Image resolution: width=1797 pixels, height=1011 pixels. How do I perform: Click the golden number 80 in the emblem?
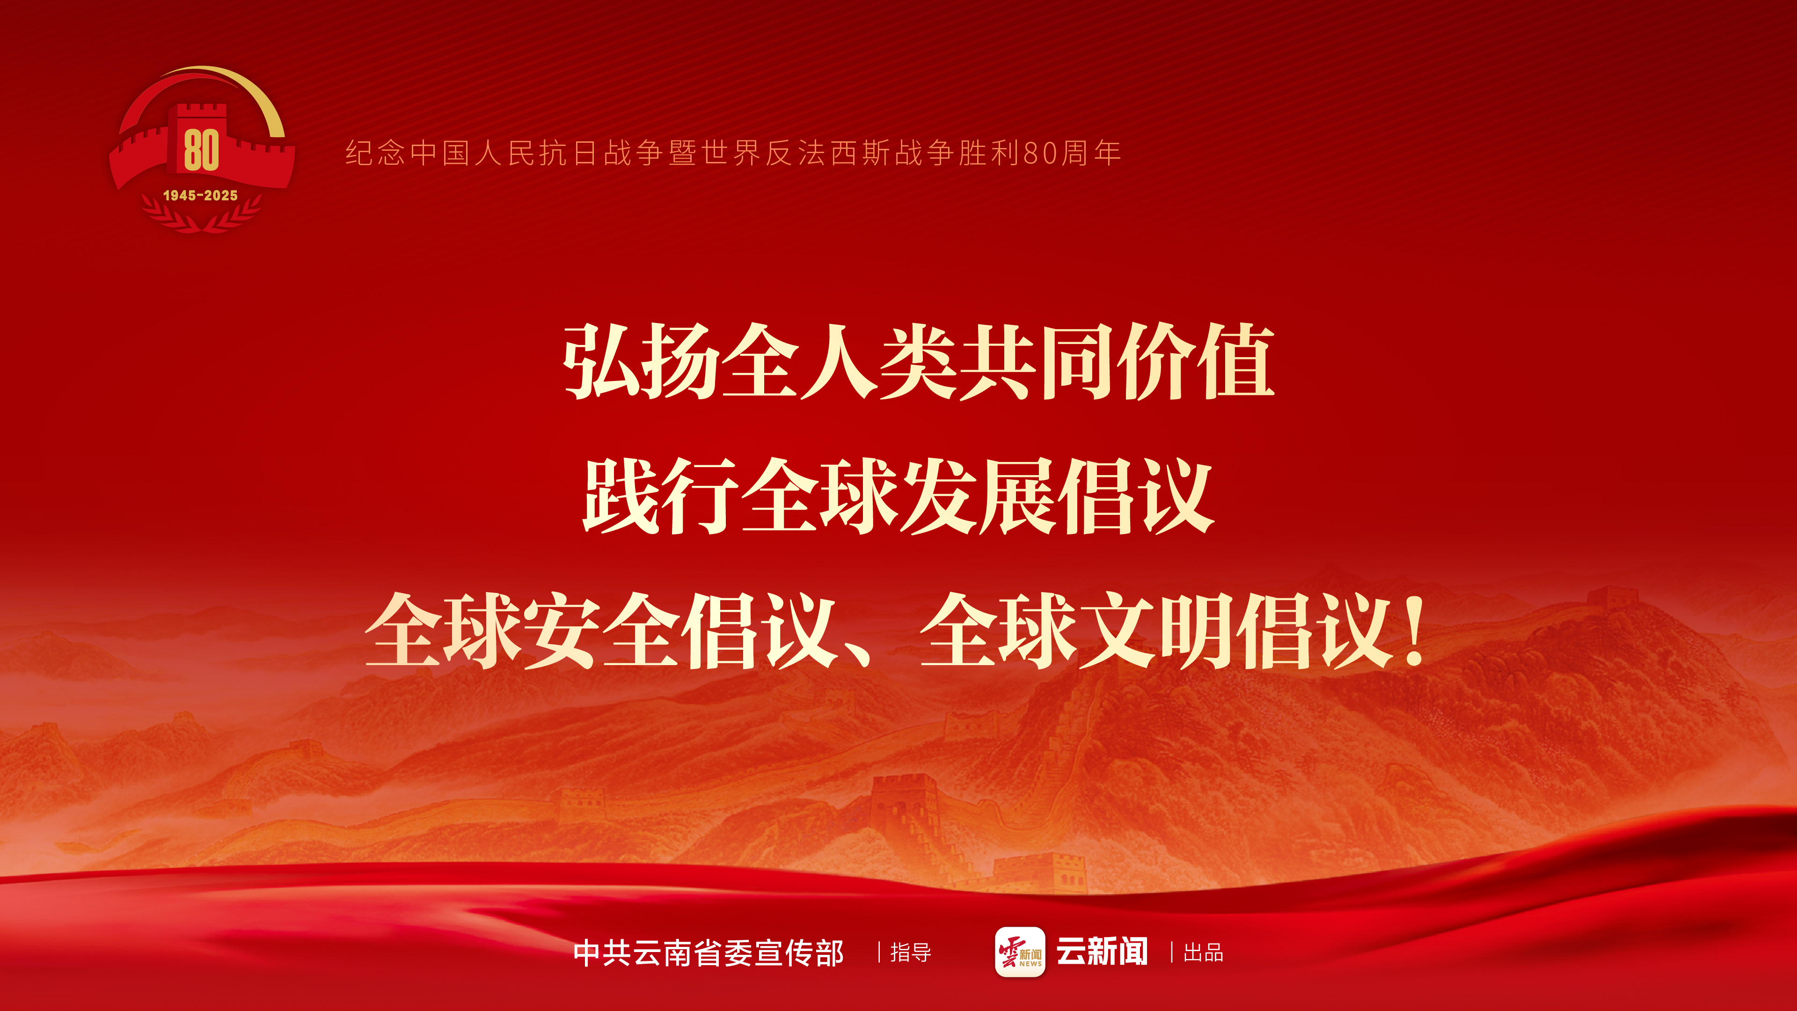pos(202,149)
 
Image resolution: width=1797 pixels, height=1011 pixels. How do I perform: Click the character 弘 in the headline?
pos(603,361)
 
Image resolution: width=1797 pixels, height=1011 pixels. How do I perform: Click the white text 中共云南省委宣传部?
pos(708,953)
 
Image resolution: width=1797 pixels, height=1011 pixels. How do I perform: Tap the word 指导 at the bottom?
pos(910,953)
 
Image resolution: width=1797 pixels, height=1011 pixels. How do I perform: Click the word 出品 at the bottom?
pos(1203,953)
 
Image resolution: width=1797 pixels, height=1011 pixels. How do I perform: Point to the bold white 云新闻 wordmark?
pos(1102,952)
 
